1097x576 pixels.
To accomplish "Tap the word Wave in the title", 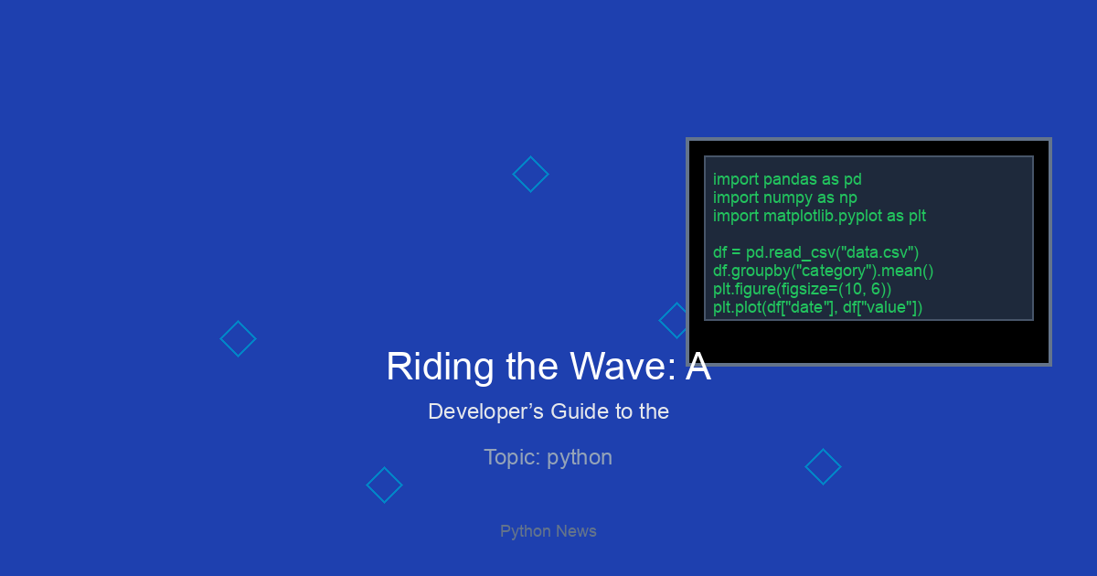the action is click(623, 367).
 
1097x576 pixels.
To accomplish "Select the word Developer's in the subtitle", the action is click(485, 411).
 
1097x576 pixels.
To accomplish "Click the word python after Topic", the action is click(580, 458).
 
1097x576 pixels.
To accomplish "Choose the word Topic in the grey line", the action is click(512, 458).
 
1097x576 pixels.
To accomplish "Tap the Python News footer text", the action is click(548, 531).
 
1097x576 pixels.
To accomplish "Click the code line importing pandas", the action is click(787, 180).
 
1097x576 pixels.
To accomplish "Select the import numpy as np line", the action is click(784, 197).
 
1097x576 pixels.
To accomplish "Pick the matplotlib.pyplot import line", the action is click(819, 216).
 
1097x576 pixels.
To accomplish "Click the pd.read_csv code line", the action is click(815, 252).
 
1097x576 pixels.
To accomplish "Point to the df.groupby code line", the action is click(824, 271).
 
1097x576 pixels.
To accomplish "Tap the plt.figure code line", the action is click(803, 289).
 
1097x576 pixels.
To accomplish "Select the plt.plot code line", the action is click(817, 307).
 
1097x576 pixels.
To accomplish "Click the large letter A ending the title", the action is click(698, 367).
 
